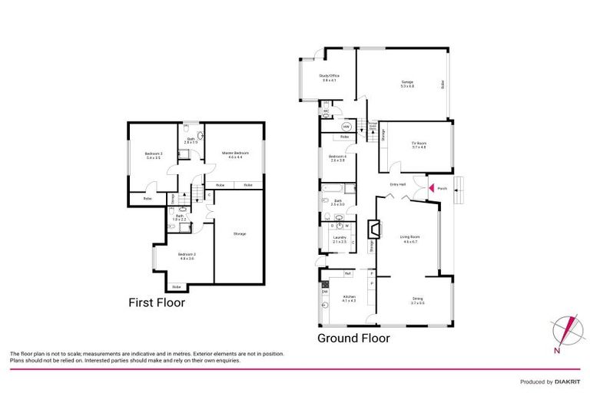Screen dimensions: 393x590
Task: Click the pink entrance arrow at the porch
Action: click(x=431, y=187)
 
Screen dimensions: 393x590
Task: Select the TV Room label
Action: click(x=418, y=144)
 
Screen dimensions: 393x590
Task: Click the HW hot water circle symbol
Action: click(x=346, y=127)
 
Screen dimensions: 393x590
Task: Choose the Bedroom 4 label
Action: click(x=339, y=157)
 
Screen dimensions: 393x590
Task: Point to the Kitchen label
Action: click(x=349, y=299)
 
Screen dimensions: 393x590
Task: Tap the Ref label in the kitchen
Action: click(x=347, y=273)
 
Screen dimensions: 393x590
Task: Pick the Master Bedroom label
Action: click(x=236, y=155)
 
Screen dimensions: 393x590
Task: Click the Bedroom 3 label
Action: click(x=153, y=156)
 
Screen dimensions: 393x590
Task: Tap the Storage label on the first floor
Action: click(x=240, y=233)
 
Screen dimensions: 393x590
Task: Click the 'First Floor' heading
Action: click(x=157, y=302)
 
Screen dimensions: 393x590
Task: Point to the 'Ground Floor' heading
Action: click(x=353, y=338)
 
